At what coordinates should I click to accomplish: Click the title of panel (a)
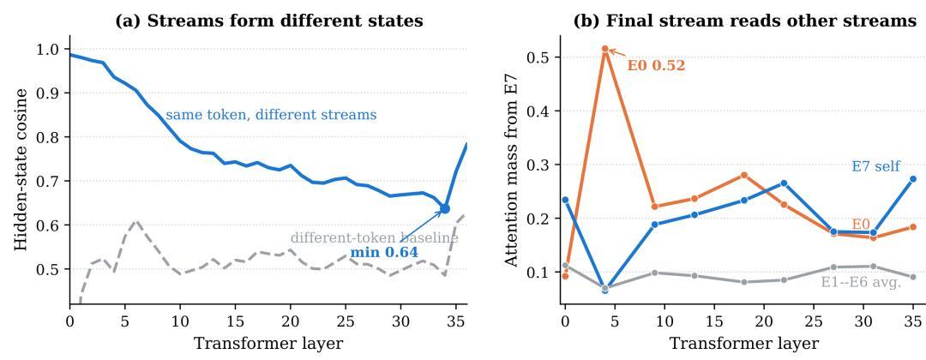click(x=268, y=21)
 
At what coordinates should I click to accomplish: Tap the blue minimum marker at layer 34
click(x=445, y=208)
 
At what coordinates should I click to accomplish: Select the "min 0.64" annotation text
click(x=384, y=253)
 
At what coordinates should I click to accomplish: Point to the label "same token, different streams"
click(x=271, y=115)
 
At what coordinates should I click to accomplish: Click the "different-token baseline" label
click(x=375, y=238)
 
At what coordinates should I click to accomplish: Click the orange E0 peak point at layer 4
click(x=604, y=49)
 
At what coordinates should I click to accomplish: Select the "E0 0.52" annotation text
click(x=656, y=65)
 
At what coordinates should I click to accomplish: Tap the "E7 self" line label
click(x=875, y=166)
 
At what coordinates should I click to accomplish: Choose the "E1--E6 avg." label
click(x=861, y=283)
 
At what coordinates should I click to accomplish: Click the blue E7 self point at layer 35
click(x=913, y=179)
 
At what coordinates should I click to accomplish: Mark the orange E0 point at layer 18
click(x=744, y=175)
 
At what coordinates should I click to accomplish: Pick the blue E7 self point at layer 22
click(x=784, y=183)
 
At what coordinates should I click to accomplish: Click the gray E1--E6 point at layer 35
click(x=913, y=277)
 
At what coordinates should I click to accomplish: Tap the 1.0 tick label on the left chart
click(x=52, y=49)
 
